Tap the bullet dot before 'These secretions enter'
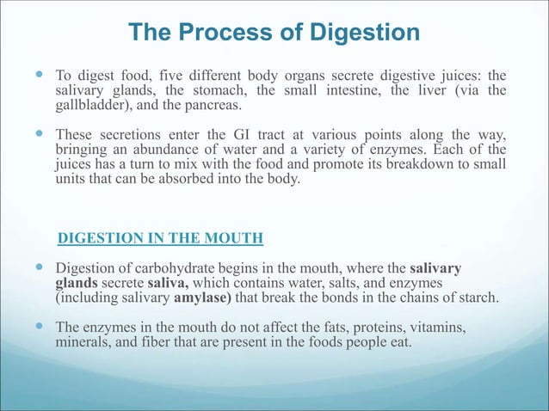(x=41, y=135)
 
